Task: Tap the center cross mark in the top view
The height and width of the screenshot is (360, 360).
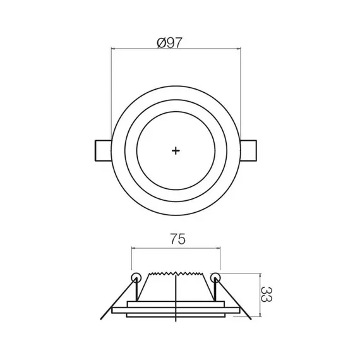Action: [x=176, y=150]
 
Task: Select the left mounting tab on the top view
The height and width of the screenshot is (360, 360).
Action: [x=102, y=150]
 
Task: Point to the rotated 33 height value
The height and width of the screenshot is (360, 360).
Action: [x=268, y=295]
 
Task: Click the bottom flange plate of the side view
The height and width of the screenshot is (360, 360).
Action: [x=176, y=311]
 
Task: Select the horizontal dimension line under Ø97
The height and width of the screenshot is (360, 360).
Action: [x=176, y=49]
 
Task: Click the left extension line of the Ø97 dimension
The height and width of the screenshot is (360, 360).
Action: [x=111, y=95]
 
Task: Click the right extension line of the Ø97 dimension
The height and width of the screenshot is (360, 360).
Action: [x=240, y=95]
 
